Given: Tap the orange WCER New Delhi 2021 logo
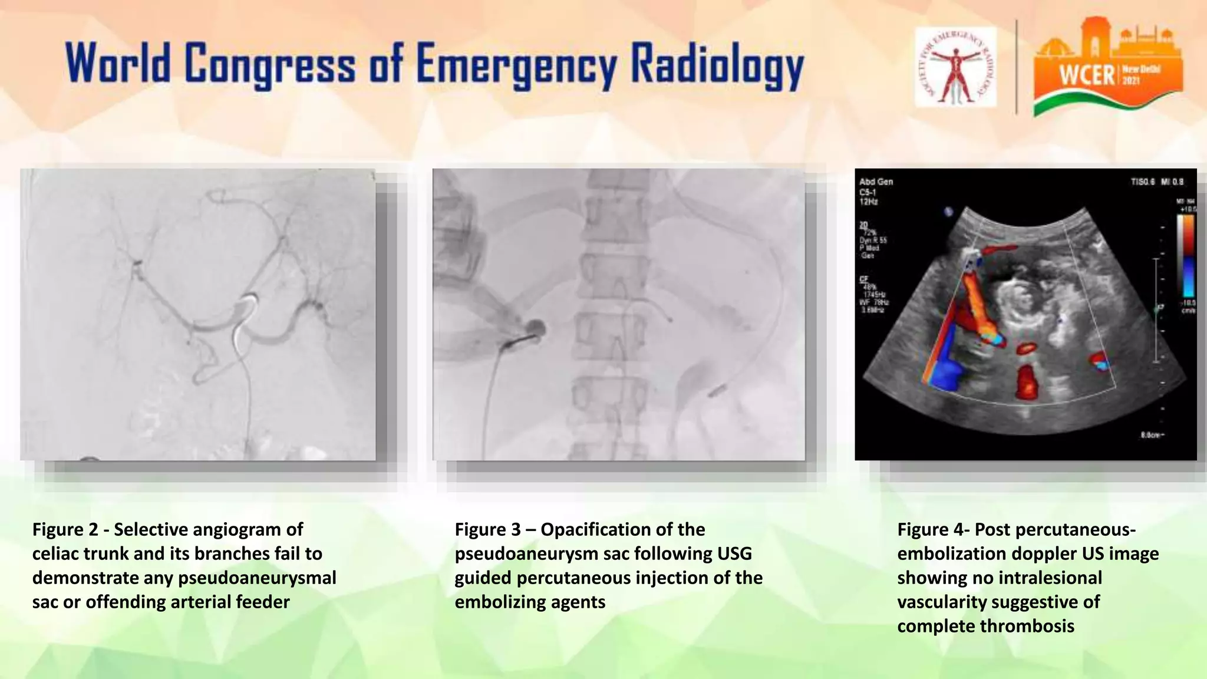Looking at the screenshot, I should [1108, 67].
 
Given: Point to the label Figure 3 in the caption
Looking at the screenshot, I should [487, 529].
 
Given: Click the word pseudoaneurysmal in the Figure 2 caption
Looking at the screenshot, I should [257, 578].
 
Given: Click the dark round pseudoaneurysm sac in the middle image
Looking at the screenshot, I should [536, 327].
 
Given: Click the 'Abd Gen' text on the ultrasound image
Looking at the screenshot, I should [876, 182].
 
